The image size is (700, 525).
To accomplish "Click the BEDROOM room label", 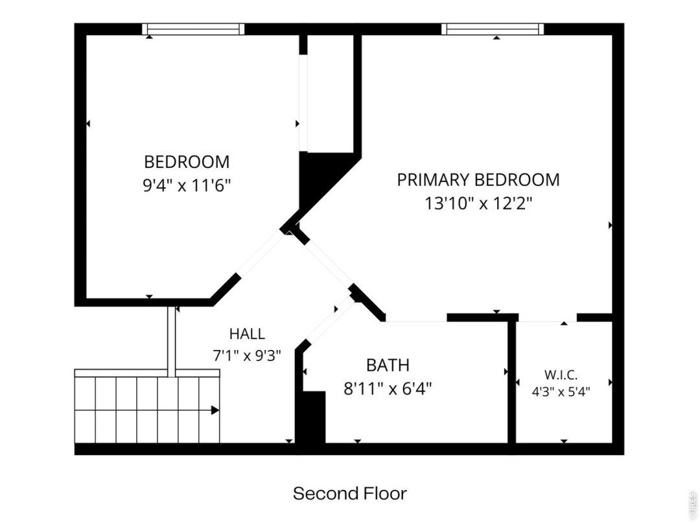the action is click(x=187, y=161).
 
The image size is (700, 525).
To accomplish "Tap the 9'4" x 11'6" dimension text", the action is click(x=187, y=185).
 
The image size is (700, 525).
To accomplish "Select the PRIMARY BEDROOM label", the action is click(x=478, y=180).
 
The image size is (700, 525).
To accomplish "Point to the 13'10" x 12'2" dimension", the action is click(x=478, y=204).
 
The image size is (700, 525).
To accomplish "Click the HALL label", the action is click(x=247, y=334).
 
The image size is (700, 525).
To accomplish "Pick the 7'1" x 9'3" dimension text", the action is click(x=247, y=355).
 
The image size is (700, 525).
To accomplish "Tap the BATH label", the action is click(x=388, y=365).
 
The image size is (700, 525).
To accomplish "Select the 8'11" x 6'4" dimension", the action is click(x=388, y=389).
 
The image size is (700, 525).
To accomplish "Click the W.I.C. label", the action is click(x=561, y=375).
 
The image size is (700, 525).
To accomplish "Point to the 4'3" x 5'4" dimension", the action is click(x=561, y=392).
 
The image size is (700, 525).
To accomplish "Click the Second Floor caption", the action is click(x=349, y=493).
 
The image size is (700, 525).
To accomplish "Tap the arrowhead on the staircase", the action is click(x=215, y=410).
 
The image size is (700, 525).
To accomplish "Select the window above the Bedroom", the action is click(x=193, y=29).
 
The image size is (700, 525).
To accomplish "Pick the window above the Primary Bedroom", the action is click(x=493, y=29).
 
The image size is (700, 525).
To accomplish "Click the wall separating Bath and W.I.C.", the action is click(x=512, y=382).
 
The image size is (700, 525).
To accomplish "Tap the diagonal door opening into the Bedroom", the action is click(x=261, y=253).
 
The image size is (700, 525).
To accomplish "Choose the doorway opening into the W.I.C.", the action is click(x=547, y=318).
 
